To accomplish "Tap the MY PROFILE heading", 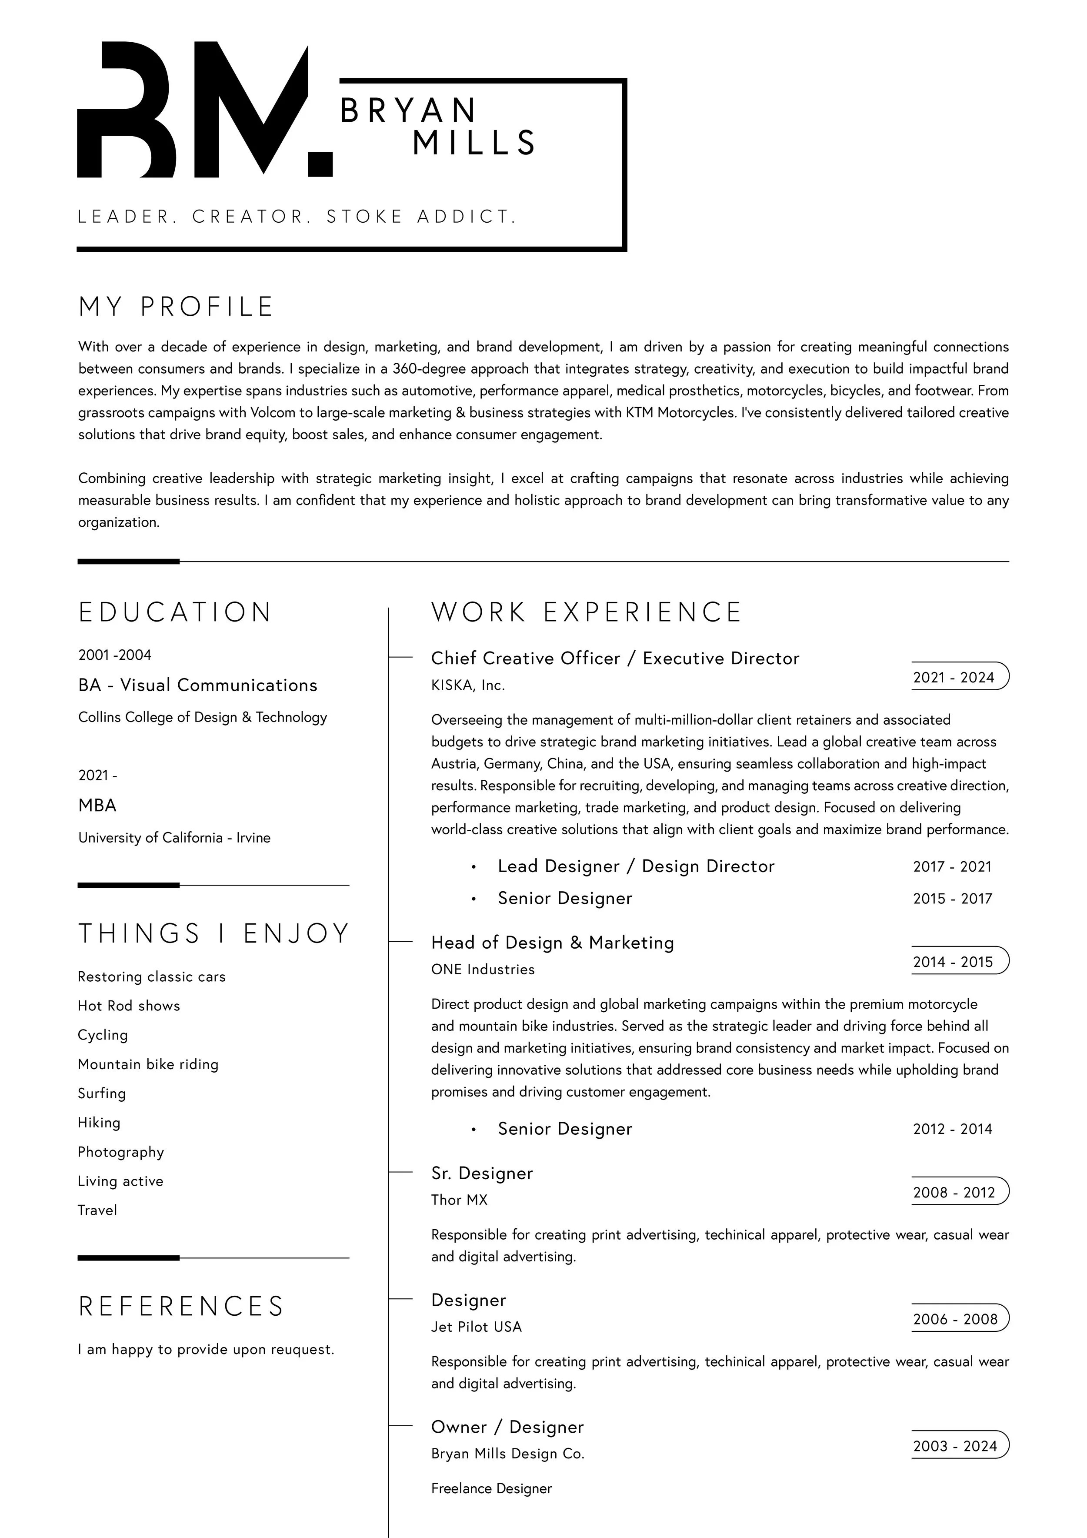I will coord(176,307).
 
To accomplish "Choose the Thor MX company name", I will coord(460,1200).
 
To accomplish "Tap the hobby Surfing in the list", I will coord(102,1093).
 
